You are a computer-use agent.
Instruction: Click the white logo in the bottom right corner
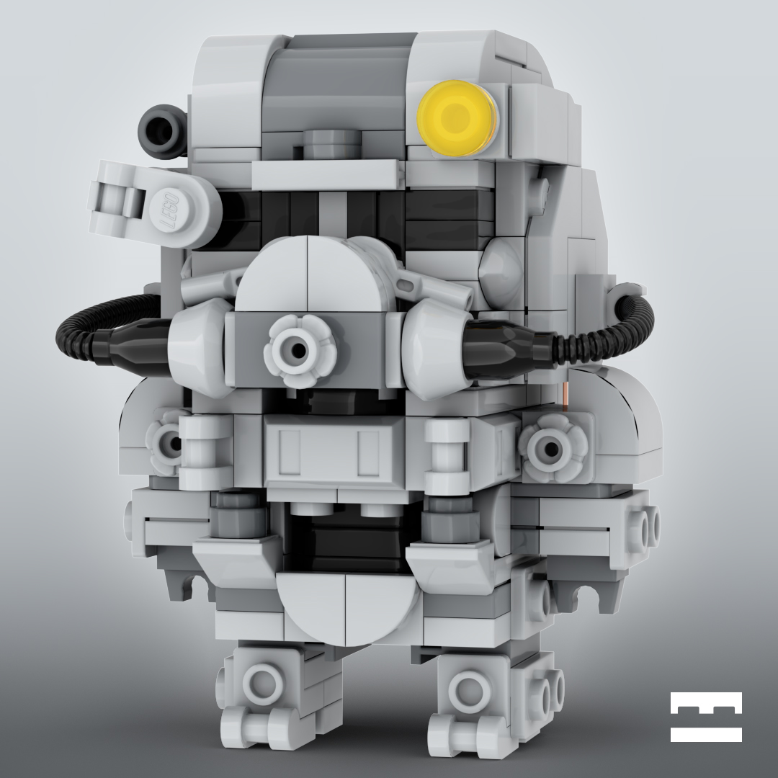pos(706,717)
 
